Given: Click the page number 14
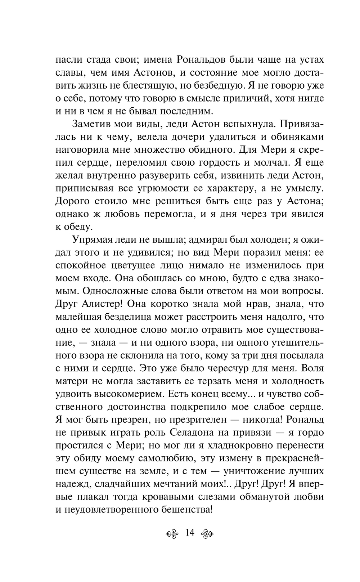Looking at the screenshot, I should coord(189,533).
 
